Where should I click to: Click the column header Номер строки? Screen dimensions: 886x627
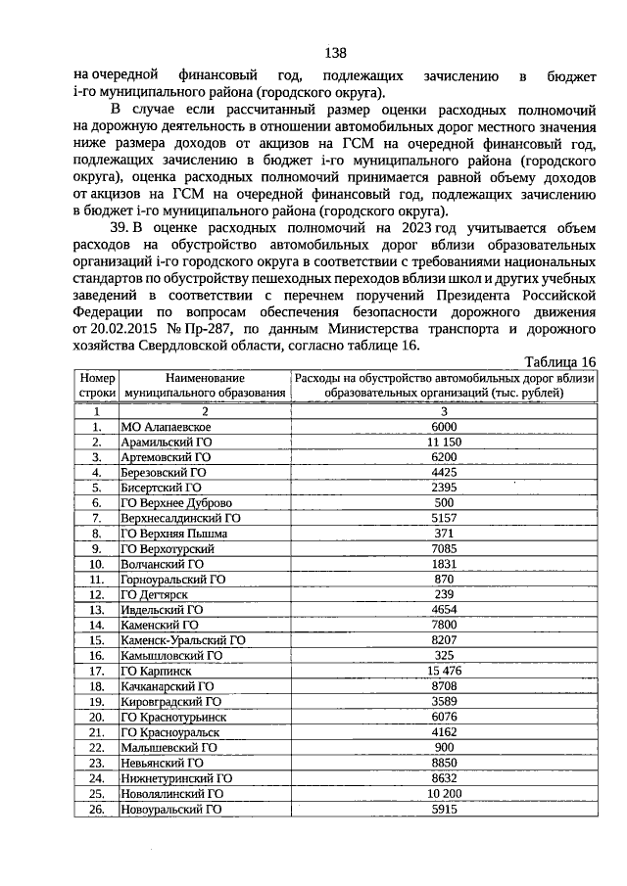(97, 385)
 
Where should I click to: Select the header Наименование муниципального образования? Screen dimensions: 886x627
(204, 385)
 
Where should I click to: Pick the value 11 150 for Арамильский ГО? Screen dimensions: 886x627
(444, 442)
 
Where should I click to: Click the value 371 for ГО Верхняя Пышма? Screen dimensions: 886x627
(444, 534)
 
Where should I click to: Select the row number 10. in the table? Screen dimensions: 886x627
(97, 564)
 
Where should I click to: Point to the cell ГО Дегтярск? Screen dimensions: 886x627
(154, 594)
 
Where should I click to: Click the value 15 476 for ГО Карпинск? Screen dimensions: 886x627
(444, 671)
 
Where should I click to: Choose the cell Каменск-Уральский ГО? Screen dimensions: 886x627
(182, 640)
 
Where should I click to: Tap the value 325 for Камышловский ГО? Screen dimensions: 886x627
(444, 655)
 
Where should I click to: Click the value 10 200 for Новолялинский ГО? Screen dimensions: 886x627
(444, 793)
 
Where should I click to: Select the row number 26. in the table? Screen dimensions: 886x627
(97, 810)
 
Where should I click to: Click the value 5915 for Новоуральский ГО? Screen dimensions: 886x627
(444, 809)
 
